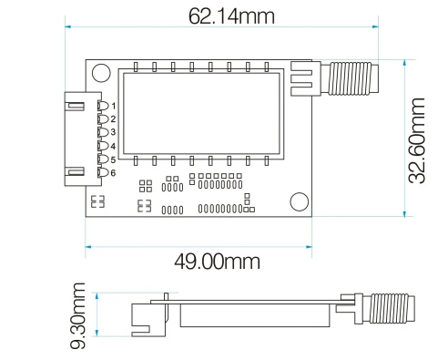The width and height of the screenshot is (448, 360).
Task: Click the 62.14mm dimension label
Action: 231,16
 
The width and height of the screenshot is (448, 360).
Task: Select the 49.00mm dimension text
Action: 217,262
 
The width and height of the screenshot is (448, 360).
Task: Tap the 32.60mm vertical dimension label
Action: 416,140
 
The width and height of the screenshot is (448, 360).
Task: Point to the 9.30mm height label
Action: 78,315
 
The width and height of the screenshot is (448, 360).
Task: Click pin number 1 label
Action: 114,106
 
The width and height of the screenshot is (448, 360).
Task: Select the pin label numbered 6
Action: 113,173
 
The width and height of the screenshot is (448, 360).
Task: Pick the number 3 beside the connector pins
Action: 113,132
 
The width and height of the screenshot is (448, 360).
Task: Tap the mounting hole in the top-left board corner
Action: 101,73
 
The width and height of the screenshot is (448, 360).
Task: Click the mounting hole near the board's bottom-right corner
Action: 300,201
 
